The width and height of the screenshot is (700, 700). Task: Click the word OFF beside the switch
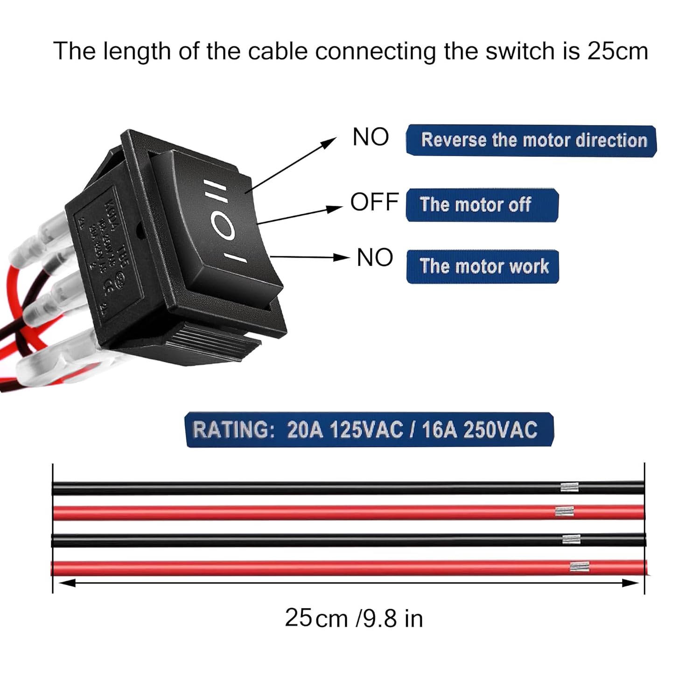[374, 202]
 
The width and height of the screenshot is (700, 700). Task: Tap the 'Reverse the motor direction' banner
[532, 140]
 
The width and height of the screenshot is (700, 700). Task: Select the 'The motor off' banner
[482, 205]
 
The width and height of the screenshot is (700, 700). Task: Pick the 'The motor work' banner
[483, 266]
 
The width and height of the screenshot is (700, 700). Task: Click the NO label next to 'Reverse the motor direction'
[371, 137]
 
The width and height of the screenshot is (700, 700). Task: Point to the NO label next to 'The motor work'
[375, 258]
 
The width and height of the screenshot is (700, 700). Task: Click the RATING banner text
[369, 430]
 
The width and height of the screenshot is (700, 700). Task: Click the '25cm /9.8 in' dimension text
[354, 618]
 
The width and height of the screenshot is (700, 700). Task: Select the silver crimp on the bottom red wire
[579, 567]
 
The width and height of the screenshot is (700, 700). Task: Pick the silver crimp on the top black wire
[569, 488]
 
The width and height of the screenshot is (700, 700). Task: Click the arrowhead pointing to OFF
[335, 208]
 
